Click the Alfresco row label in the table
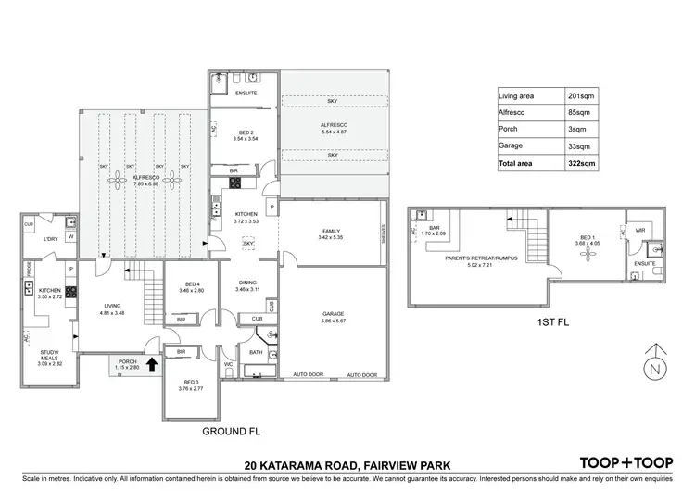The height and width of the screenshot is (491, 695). [512, 112]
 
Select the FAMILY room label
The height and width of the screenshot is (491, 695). [331, 232]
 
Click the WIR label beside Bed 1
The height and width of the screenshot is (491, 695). [640, 229]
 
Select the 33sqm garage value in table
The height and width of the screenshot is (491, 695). [579, 145]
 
